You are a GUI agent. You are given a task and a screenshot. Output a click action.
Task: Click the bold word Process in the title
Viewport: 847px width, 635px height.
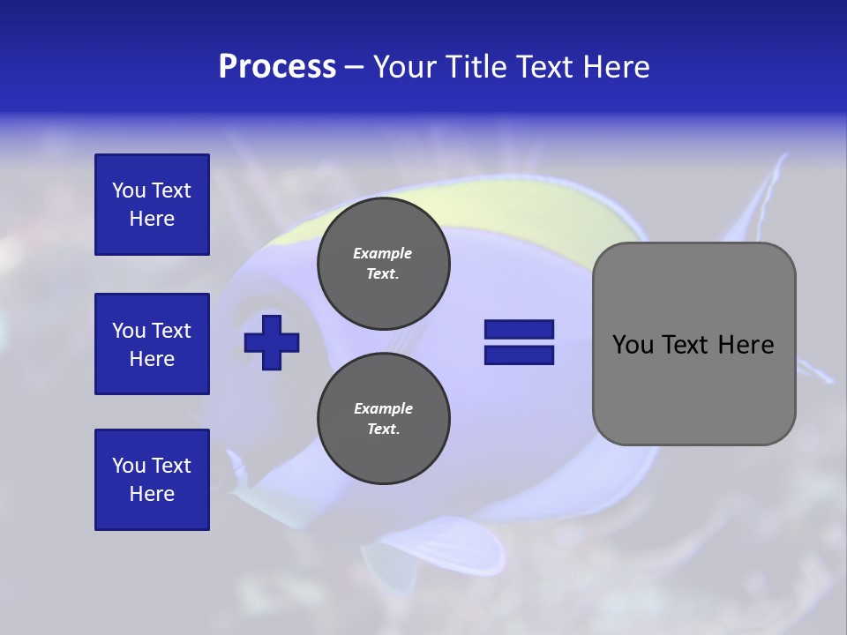[x=277, y=67]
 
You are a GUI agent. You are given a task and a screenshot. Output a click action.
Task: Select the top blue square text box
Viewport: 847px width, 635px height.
[x=152, y=205]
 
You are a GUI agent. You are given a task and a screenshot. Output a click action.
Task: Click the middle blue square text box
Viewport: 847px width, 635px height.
[x=152, y=344]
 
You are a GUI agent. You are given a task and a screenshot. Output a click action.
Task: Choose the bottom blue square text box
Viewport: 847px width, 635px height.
[x=152, y=480]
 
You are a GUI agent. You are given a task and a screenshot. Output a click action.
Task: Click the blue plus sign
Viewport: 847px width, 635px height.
[x=272, y=342]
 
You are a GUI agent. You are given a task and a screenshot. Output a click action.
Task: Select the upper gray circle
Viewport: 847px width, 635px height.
[x=383, y=263]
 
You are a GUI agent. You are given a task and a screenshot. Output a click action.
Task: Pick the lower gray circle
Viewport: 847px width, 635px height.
[x=383, y=418]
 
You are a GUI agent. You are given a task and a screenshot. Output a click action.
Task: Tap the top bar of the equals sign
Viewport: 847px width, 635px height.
[x=519, y=329]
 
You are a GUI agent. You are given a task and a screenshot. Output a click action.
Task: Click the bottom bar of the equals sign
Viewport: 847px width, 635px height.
[x=519, y=355]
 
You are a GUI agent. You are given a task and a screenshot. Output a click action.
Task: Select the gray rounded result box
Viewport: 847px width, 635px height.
[x=693, y=344]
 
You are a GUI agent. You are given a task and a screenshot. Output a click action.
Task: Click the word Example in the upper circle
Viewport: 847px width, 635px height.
[x=383, y=253]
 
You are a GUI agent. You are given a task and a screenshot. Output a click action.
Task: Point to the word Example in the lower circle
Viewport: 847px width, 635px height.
[x=383, y=408]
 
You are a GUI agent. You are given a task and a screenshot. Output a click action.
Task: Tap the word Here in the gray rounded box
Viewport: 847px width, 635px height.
[x=746, y=345]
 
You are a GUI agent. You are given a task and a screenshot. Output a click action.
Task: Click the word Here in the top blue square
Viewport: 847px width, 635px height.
[x=152, y=219]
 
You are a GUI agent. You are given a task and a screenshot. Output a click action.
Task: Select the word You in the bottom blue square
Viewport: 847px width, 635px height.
[x=129, y=466]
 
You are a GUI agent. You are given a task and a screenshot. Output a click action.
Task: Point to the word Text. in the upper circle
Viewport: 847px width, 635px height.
[x=383, y=273]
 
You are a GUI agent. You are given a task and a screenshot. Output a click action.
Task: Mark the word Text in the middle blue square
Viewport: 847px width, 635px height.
[x=171, y=331]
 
